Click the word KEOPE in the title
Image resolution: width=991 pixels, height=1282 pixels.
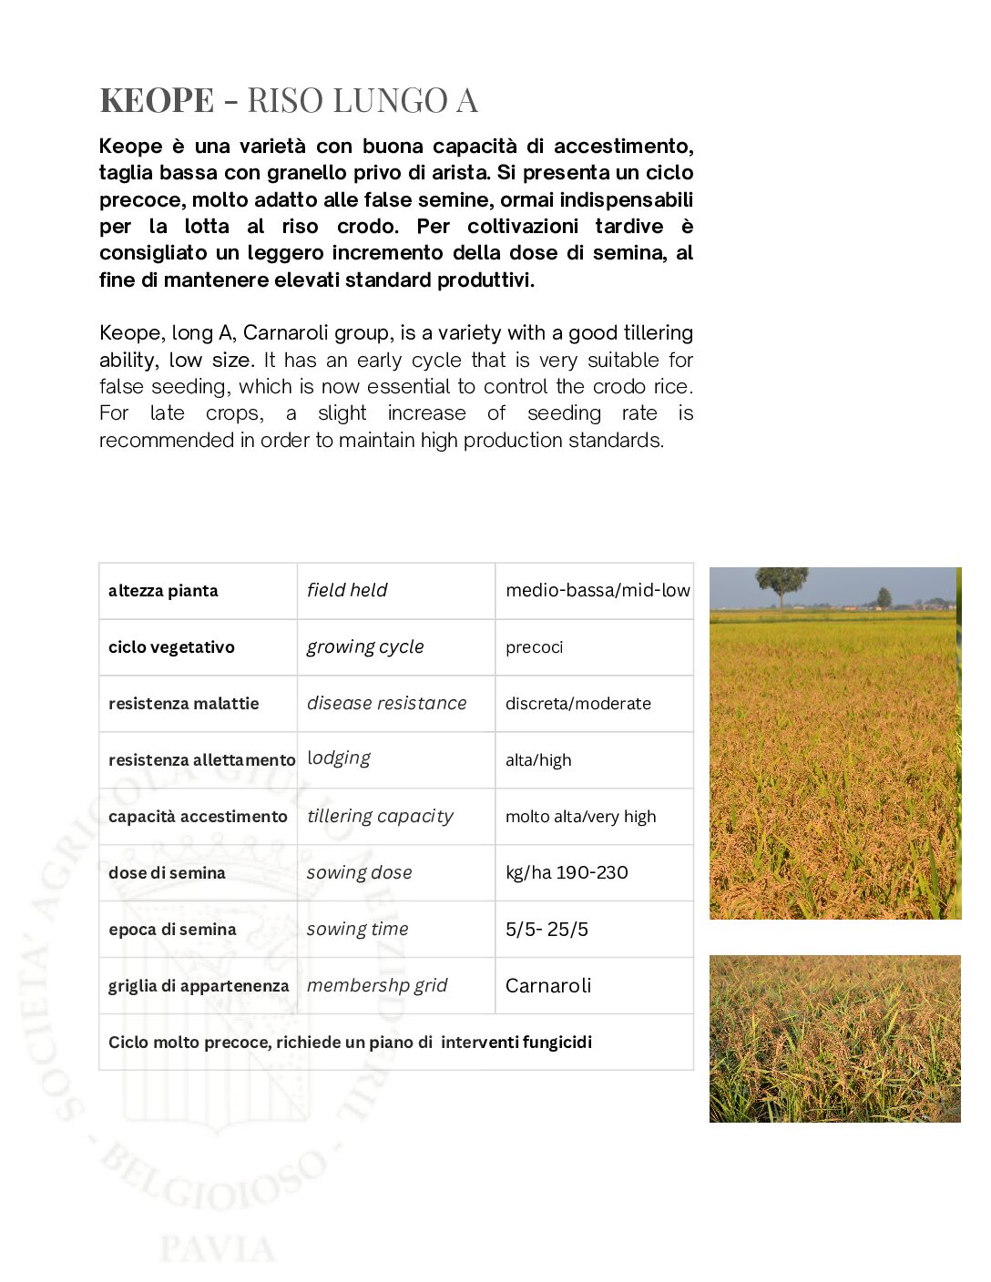157,100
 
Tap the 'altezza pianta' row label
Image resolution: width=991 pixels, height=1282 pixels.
163,591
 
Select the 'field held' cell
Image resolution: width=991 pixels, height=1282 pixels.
347,590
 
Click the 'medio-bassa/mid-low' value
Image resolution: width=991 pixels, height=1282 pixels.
598,590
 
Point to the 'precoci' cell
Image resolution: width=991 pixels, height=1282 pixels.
535,647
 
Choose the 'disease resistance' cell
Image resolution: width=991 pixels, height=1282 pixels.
386,703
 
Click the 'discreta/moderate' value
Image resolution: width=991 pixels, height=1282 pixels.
578,704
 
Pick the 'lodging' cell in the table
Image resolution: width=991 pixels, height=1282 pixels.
339,758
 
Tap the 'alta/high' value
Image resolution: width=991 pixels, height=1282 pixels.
538,760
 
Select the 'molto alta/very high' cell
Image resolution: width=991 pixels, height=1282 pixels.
580,817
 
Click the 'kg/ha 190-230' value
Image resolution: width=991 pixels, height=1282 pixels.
567,872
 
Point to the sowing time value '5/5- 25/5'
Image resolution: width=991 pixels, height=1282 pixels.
547,930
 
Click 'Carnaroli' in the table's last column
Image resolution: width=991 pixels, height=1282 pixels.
548,986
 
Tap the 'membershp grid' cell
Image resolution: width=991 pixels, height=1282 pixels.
377,985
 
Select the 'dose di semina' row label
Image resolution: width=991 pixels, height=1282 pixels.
167,873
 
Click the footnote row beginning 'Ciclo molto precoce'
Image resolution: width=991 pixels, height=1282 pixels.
350,1043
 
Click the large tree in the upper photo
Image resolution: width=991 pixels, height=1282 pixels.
782,583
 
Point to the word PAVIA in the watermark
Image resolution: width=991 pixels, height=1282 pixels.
218,1249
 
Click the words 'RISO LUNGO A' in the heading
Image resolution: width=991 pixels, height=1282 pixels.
363,100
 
